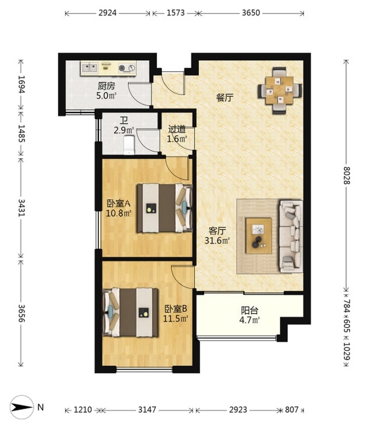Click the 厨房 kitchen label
(107, 86)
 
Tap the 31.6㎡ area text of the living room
(217, 240)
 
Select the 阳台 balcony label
(249, 310)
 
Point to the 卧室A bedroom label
(119, 203)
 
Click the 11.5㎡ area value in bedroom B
(176, 318)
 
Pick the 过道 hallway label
(177, 129)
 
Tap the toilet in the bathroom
(129, 145)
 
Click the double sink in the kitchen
(90, 68)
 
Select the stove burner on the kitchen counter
(127, 68)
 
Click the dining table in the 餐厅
(279, 90)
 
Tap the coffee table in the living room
(259, 236)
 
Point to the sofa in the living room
(291, 236)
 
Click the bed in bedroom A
(164, 208)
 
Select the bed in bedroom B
(131, 312)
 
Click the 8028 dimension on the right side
(346, 175)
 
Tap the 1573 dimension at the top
(175, 13)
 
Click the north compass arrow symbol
(22, 407)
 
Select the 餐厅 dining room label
(224, 97)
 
